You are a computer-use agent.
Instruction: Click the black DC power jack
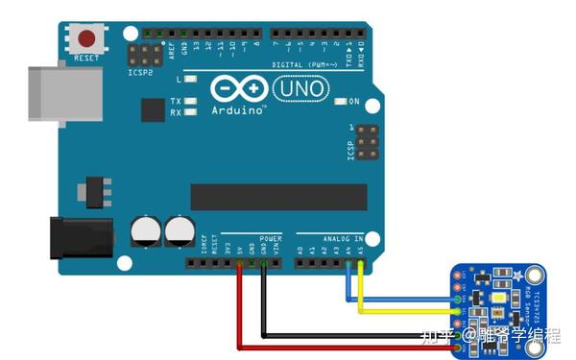tap(81, 235)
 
